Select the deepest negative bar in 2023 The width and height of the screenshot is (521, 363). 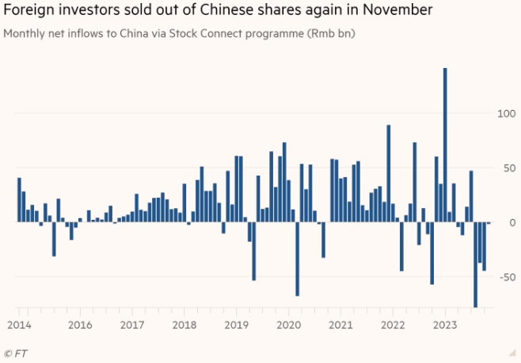tap(475, 264)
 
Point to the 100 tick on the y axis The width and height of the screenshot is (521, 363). tap(504, 114)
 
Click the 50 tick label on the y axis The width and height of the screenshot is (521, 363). tap(505, 168)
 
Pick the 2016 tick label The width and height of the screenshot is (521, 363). tap(79, 325)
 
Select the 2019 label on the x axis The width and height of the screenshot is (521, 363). tap(236, 325)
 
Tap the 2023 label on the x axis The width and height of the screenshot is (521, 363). tap(445, 325)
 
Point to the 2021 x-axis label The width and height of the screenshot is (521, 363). tap(340, 325)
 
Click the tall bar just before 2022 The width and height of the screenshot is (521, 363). tap(389, 173)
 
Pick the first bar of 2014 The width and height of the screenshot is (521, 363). tap(19, 199)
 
